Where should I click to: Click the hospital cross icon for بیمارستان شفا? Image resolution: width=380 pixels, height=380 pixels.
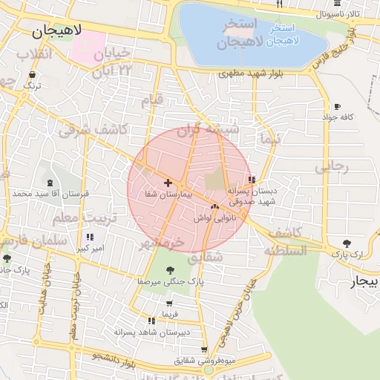point(168,182)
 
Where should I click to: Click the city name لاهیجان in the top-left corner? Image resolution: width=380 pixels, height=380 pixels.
point(56,33)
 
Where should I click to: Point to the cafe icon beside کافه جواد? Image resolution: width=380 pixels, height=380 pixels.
point(338,106)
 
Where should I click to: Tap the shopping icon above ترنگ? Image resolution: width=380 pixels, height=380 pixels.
point(32,74)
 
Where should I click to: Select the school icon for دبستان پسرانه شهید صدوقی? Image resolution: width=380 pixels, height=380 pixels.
point(252,180)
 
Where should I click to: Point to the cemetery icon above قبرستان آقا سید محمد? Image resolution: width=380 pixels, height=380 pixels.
point(50,183)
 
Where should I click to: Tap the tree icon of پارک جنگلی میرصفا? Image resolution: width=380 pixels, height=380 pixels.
point(171,270)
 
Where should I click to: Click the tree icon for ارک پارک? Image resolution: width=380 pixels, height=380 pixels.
point(347,243)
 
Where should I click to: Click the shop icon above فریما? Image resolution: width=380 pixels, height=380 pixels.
point(169,303)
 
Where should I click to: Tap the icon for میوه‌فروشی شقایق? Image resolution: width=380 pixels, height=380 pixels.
point(204,350)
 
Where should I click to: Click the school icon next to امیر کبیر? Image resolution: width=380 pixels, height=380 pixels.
point(91,237)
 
